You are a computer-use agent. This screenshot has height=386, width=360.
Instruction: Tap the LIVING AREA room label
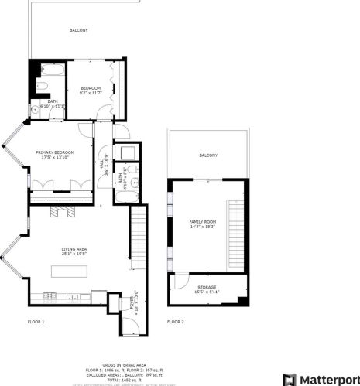pyautogui.click(x=75, y=248)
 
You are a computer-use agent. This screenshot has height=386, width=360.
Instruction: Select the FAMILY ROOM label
pyautogui.click(x=203, y=223)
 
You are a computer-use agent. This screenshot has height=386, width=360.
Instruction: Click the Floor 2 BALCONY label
pyautogui.click(x=208, y=155)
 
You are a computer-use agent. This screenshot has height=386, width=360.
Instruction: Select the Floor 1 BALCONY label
pyautogui.click(x=79, y=30)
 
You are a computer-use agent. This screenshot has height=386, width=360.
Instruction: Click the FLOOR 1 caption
pyautogui.click(x=36, y=321)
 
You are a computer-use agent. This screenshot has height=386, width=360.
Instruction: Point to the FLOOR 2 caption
pyautogui.click(x=176, y=321)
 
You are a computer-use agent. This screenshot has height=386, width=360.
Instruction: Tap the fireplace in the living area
pyautogui.click(x=60, y=211)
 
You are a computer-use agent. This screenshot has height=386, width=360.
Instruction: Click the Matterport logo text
pyautogui.click(x=324, y=379)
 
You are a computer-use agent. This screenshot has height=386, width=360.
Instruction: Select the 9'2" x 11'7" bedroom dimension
pyautogui.click(x=91, y=94)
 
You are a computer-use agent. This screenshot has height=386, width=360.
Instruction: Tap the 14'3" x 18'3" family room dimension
pyautogui.click(x=203, y=227)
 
